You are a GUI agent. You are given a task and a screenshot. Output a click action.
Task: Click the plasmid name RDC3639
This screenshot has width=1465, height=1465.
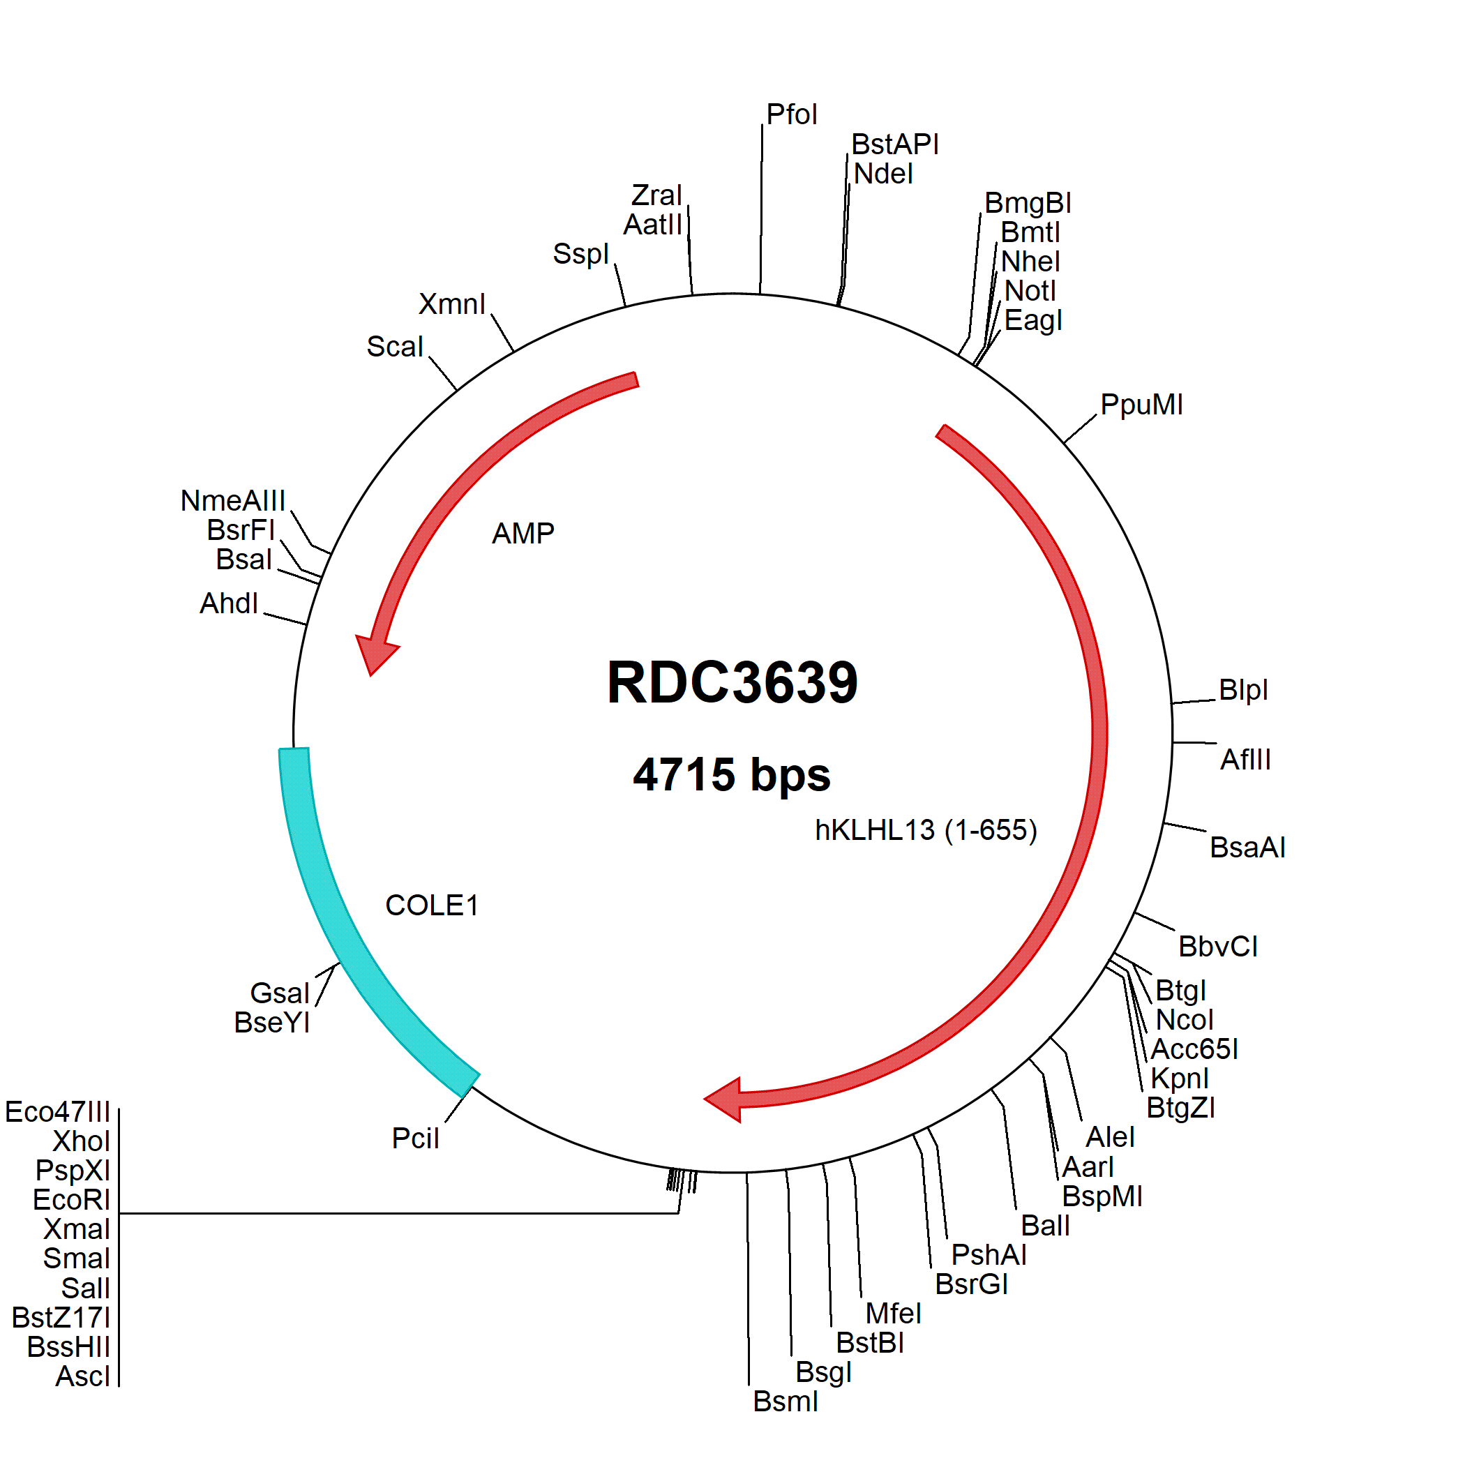tap(732, 682)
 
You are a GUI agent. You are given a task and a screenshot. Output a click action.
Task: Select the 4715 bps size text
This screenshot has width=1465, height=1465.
tap(732, 775)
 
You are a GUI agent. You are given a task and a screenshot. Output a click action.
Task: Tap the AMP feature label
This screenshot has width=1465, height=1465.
tap(523, 534)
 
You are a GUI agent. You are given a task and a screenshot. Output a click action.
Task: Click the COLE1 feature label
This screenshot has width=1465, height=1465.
tap(431, 906)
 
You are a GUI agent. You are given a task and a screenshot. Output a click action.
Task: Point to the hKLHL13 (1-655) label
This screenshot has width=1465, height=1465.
tap(926, 830)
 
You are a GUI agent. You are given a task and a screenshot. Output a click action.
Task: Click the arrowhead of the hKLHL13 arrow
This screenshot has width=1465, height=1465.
tap(724, 1099)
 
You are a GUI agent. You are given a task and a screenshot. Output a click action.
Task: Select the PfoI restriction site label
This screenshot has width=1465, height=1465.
tap(792, 115)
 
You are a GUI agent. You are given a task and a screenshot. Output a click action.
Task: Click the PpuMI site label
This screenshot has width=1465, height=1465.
tap(1141, 405)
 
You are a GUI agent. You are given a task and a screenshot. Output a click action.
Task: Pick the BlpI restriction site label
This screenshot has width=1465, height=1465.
tap(1243, 690)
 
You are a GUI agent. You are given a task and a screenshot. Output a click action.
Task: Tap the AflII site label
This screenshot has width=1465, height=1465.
tap(1245, 760)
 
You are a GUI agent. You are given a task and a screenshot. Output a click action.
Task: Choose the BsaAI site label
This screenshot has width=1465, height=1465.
tap(1247, 848)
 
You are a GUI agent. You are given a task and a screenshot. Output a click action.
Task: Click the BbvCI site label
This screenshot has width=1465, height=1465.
tap(1218, 947)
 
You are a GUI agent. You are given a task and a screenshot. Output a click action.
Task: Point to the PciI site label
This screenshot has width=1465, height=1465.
tap(416, 1139)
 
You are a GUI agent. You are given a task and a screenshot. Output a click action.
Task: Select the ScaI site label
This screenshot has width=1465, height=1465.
tap(394, 347)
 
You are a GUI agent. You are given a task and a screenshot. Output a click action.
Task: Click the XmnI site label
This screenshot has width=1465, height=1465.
tap(452, 305)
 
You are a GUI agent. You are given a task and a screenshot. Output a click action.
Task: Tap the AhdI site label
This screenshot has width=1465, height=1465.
tap(229, 604)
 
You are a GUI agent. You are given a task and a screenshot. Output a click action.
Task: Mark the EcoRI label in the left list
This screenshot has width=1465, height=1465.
tap(72, 1201)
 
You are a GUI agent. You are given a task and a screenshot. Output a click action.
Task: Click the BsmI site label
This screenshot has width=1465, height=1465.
tap(786, 1402)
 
